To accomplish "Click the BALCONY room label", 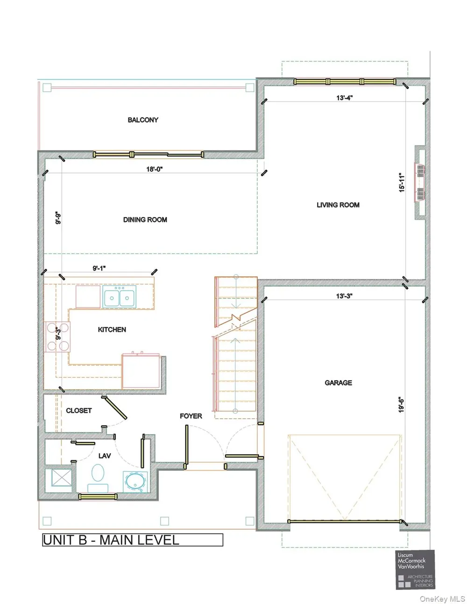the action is [x=143, y=120].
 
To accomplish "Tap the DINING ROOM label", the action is [x=145, y=219].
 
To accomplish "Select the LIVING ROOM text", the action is [x=338, y=205].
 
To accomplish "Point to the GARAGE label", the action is [x=338, y=383].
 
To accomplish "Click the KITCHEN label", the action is [x=112, y=330].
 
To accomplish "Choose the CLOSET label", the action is [x=78, y=411].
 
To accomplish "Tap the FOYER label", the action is [x=191, y=416].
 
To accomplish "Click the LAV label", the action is [x=105, y=456].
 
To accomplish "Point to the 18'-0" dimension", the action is [x=154, y=169].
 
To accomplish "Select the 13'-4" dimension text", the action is [x=345, y=98].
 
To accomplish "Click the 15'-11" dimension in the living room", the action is [x=402, y=183].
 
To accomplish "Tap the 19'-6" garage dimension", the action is [x=401, y=405].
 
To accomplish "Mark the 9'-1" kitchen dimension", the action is [x=99, y=268].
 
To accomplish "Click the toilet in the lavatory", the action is [x=98, y=478].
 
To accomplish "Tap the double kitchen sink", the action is [x=119, y=297].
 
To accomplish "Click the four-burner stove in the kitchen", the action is [x=58, y=337].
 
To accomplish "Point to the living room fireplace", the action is [x=420, y=183].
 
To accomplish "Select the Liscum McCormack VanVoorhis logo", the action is [x=415, y=569].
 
